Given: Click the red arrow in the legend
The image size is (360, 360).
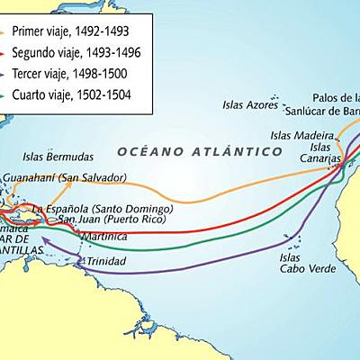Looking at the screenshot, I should [11, 51].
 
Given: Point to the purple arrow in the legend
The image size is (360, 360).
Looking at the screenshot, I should [11, 73].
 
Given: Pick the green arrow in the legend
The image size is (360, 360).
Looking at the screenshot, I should [11, 94].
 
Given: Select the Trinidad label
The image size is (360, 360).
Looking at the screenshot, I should [108, 262].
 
